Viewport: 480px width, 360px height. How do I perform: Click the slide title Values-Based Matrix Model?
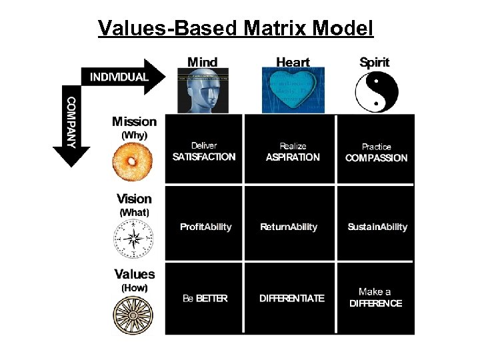(x=236, y=28)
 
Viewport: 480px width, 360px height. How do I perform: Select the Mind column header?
(x=202, y=62)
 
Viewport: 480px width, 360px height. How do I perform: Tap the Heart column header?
(x=293, y=62)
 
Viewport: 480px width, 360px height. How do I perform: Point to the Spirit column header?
(x=375, y=62)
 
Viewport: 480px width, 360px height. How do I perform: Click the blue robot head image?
(x=202, y=90)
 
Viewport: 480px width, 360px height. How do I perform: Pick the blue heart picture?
(x=293, y=90)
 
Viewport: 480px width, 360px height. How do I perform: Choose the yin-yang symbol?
(x=375, y=92)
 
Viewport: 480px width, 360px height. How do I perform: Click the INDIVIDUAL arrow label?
(x=119, y=77)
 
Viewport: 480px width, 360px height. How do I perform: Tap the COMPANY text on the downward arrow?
(x=71, y=122)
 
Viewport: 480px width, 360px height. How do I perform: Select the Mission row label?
(x=134, y=121)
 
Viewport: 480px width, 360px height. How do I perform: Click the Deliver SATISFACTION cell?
(x=204, y=151)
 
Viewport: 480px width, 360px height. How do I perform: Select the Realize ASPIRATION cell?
(x=293, y=151)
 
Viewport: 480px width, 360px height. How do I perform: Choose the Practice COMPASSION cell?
(x=376, y=152)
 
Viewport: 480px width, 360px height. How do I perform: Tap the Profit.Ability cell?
(x=205, y=227)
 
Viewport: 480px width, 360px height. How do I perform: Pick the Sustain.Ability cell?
(x=377, y=227)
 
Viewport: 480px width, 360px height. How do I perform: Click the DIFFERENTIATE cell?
(x=293, y=298)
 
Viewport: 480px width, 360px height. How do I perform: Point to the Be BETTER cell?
(x=205, y=298)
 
